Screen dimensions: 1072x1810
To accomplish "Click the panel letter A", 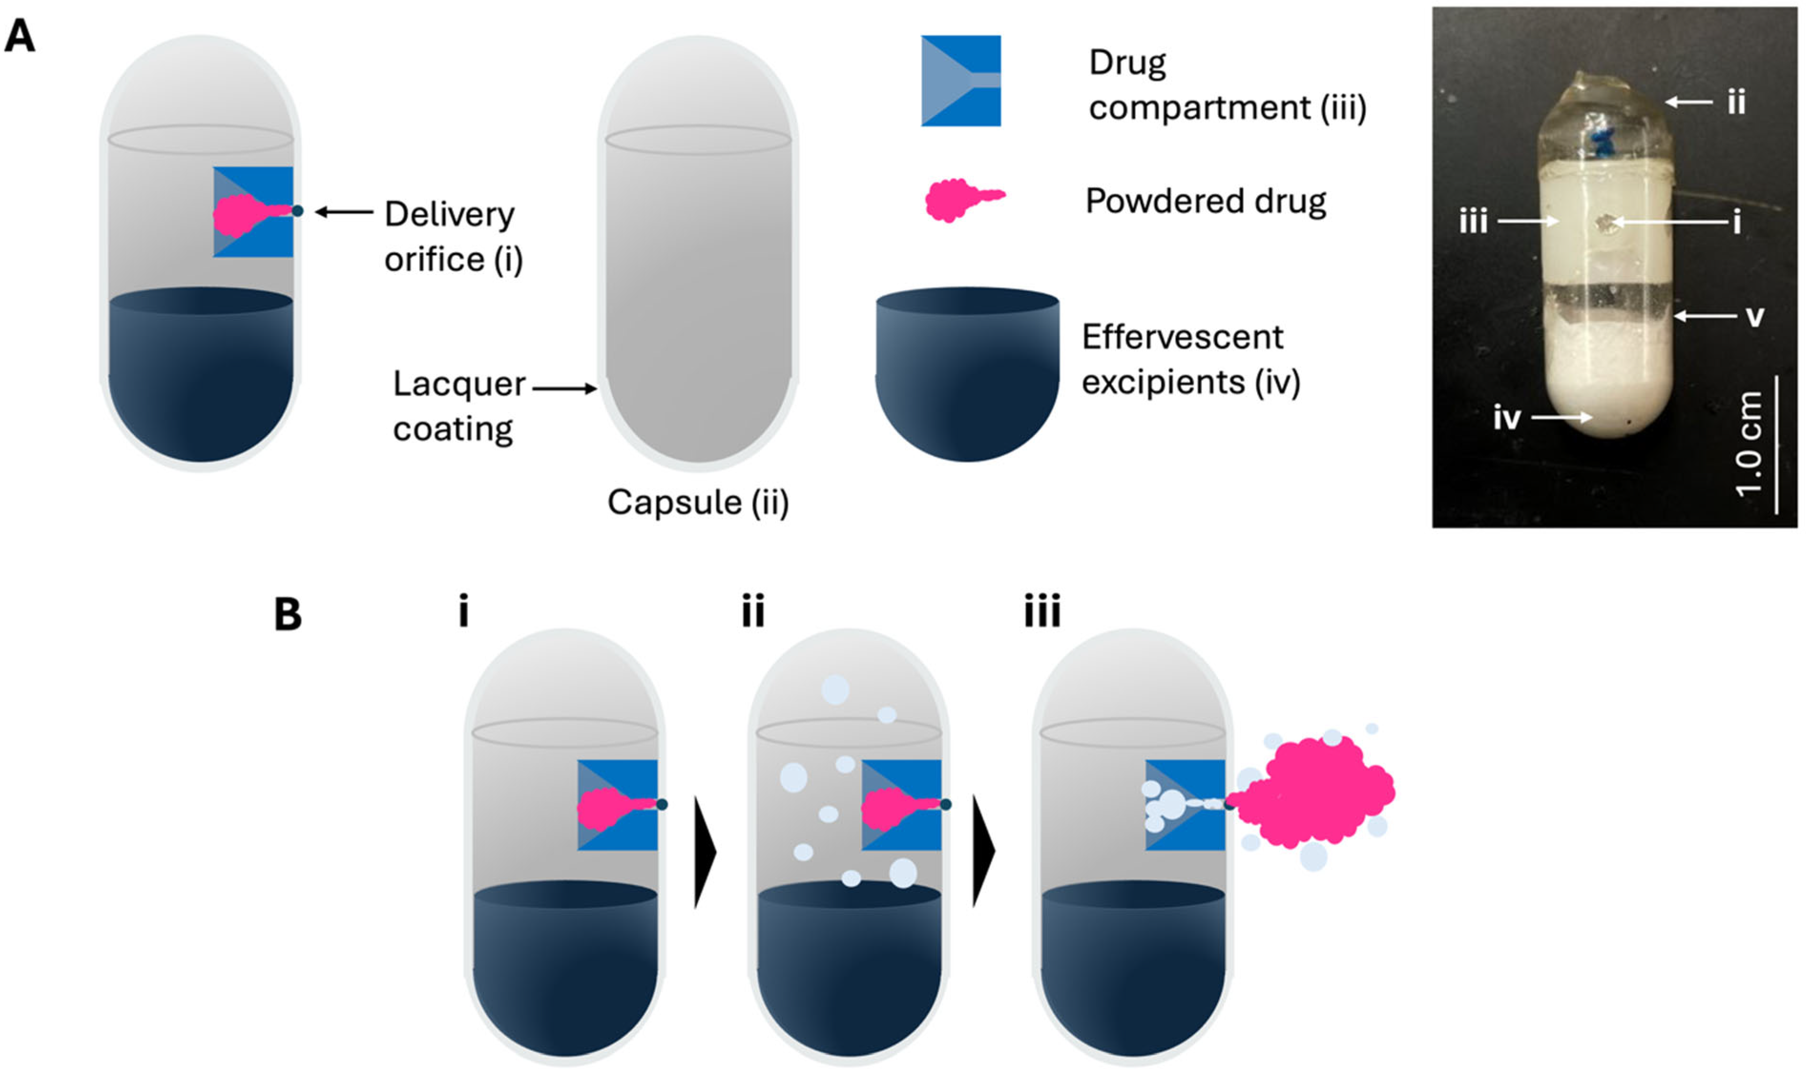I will tap(20, 36).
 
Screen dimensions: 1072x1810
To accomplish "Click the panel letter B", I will tap(288, 615).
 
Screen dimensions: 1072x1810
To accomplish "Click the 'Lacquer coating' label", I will tap(458, 406).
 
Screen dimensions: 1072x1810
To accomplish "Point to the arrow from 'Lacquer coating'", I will tap(564, 388).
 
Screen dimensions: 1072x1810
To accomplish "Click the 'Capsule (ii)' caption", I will tap(697, 502).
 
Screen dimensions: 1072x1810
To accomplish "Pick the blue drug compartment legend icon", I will tap(960, 81).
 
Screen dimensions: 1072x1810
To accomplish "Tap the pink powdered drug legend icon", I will tap(963, 199).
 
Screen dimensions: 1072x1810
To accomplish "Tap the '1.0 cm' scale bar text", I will tap(1749, 444).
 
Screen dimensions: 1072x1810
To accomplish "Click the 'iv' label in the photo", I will tap(1507, 418).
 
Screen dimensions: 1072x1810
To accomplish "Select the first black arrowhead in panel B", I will tap(704, 852).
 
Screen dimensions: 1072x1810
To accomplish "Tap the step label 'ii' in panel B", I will tap(752, 612).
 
